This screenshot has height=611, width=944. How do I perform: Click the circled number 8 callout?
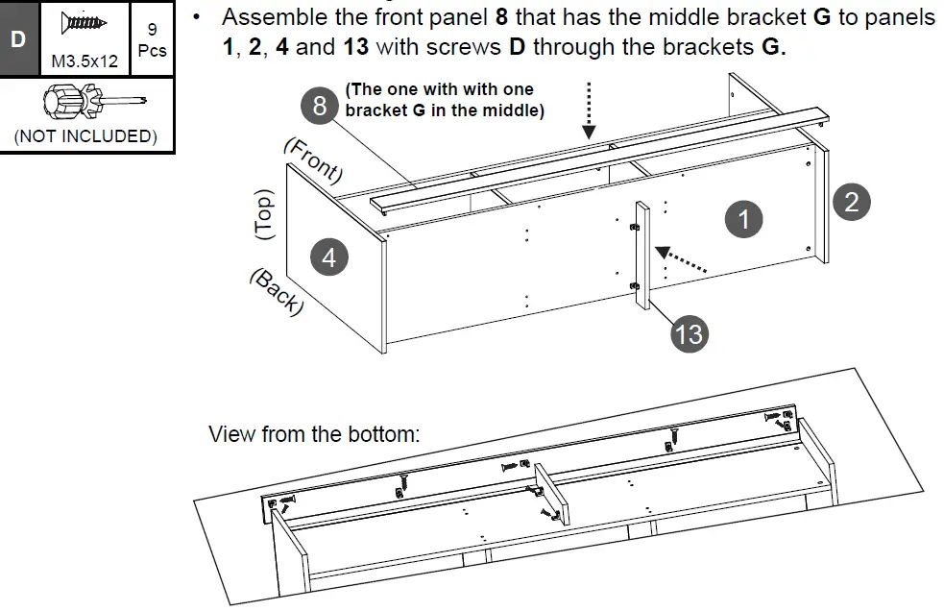320,104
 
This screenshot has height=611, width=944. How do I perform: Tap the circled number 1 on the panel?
742,220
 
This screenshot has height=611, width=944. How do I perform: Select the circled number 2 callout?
851,201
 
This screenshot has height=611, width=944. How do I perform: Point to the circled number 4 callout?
328,257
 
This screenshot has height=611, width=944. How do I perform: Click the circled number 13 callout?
689,333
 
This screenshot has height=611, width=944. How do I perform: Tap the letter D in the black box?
19,39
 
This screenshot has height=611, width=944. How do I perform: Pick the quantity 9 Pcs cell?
152,39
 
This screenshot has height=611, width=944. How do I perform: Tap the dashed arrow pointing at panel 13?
683,260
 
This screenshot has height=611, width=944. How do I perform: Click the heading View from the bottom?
314,433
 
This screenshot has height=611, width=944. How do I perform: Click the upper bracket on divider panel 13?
633,227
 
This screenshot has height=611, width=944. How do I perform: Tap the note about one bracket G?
444,100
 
